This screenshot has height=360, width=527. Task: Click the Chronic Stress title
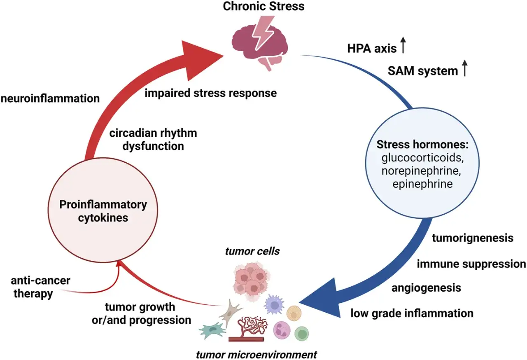(263, 6)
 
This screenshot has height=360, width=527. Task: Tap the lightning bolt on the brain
(263, 33)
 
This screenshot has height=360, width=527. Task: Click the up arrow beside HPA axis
(403, 45)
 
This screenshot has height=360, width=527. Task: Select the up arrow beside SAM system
(465, 68)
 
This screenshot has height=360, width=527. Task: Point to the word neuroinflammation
(50, 98)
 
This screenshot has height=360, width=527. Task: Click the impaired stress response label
(210, 93)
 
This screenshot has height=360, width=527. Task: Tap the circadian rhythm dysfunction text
(153, 140)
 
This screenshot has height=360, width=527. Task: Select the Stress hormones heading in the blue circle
(422, 144)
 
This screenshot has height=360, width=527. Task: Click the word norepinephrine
(421, 171)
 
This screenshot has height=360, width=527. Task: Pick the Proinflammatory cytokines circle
(103, 210)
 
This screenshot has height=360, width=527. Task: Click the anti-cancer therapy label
(40, 287)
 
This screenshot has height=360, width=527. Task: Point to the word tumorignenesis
(473, 238)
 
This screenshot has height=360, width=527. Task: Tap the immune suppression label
(471, 264)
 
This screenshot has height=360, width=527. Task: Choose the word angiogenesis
(426, 288)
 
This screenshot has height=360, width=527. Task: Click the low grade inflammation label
(412, 313)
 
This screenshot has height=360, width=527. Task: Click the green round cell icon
(302, 333)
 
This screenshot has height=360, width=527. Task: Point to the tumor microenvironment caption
(257, 355)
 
